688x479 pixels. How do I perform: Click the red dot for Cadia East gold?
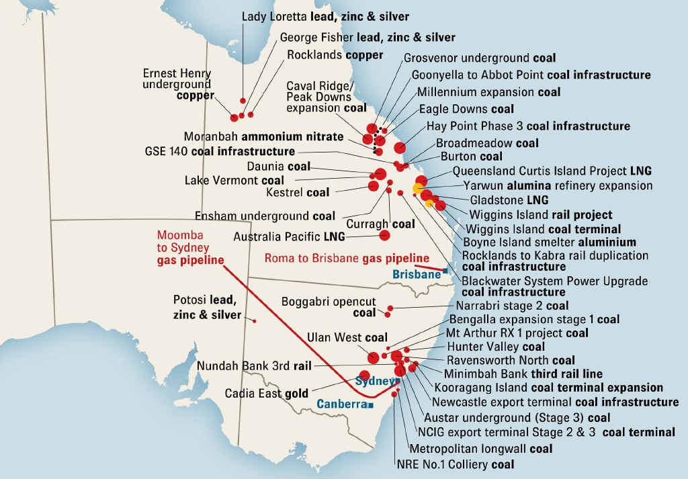coord(365,376)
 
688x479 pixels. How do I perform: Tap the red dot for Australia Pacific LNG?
coord(385,235)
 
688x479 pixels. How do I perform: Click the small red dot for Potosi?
coord(255,321)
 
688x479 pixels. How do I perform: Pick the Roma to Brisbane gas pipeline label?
coord(347,258)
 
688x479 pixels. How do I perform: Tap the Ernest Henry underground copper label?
coord(177,85)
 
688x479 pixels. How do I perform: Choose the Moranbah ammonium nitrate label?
coord(263,136)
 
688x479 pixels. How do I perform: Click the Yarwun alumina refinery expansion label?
coord(558,185)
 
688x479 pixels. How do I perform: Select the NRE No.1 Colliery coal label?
coord(456,464)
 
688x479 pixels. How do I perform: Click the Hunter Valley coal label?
coord(496,347)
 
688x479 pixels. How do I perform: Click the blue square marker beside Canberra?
coord(370,405)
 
